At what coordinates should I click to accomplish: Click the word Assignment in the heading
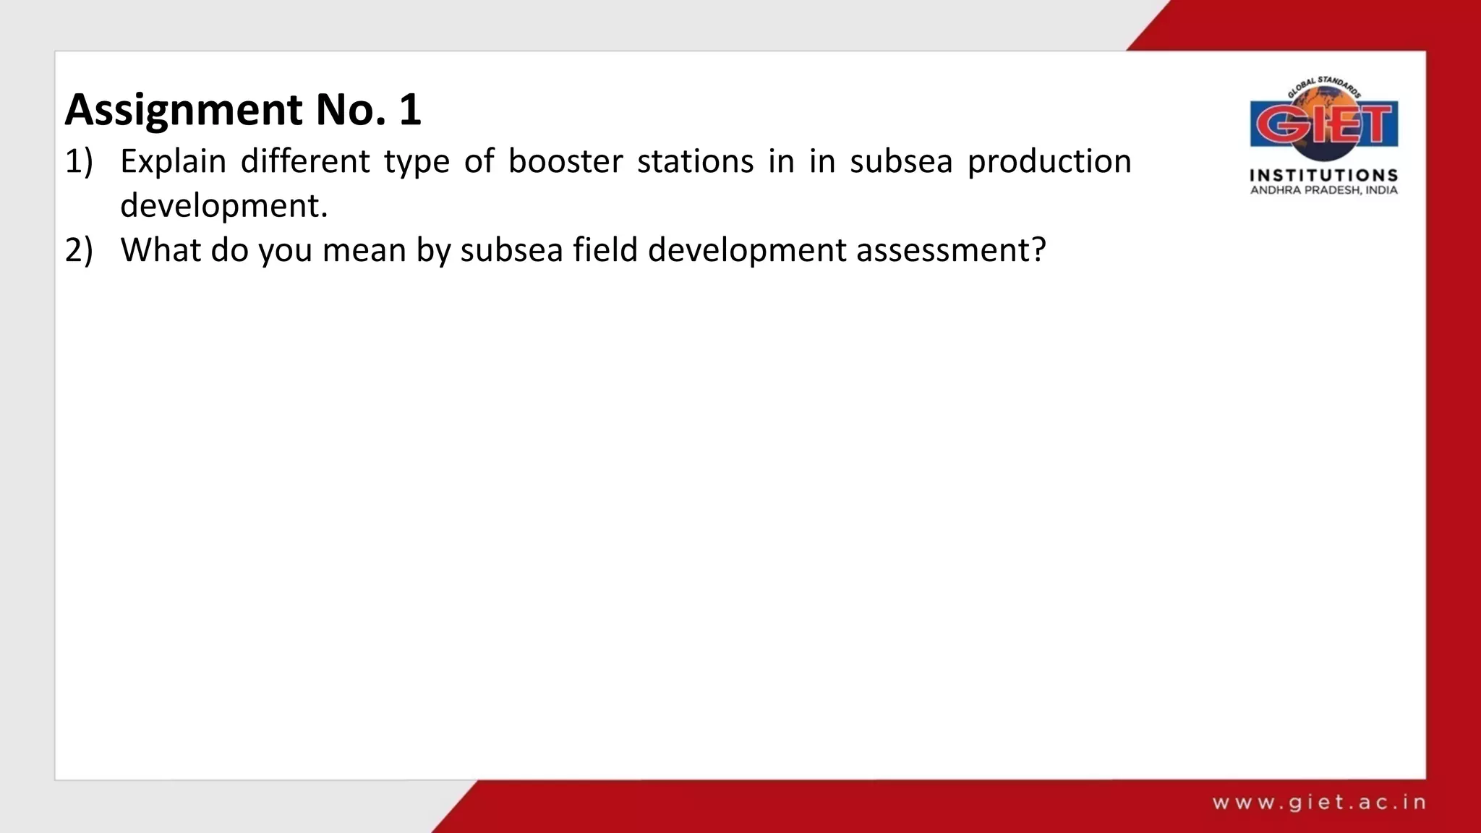click(184, 110)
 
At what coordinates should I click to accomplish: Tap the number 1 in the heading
click(410, 110)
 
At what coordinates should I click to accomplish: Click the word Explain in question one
click(173, 161)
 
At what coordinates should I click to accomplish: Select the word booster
click(565, 161)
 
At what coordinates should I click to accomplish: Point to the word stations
click(695, 161)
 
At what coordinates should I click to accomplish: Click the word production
click(1049, 161)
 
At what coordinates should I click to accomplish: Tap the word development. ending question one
click(224, 206)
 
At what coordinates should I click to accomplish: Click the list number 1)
click(80, 161)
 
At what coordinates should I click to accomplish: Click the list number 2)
click(80, 250)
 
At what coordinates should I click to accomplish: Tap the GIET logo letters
click(1324, 124)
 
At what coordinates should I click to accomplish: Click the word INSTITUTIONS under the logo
click(1324, 175)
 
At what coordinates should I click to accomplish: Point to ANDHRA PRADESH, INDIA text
click(1324, 190)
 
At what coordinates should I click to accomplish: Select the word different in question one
click(305, 161)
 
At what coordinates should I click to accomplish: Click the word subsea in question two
click(511, 250)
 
